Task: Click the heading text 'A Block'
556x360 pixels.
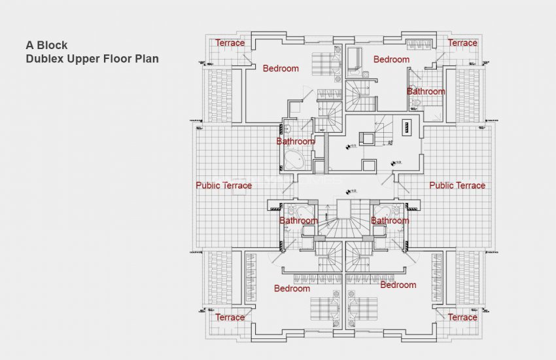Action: point(46,46)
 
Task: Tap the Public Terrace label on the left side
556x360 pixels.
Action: point(224,185)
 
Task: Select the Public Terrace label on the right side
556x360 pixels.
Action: point(457,185)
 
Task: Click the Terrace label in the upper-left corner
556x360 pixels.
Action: point(230,43)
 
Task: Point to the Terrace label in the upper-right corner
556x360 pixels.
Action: point(462,43)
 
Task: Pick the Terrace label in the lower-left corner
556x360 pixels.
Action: point(230,317)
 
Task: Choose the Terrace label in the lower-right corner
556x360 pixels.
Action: point(462,317)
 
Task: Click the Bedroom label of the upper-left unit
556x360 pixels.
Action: point(281,68)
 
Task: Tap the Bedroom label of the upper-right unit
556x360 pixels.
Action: point(391,60)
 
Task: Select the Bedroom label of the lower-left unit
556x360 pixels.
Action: point(292,289)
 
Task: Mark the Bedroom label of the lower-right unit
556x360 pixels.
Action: point(398,285)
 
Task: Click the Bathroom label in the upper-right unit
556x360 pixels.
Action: point(426,92)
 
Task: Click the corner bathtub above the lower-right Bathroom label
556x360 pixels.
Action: point(381,211)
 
